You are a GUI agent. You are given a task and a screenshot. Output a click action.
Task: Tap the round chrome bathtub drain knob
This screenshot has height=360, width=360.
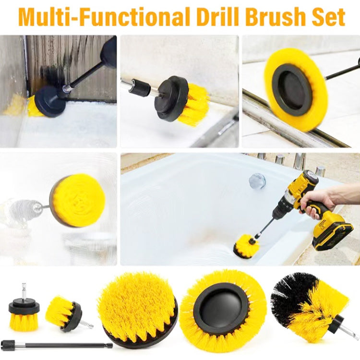257,181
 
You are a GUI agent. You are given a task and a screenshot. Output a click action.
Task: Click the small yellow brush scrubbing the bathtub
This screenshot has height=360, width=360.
246,247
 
